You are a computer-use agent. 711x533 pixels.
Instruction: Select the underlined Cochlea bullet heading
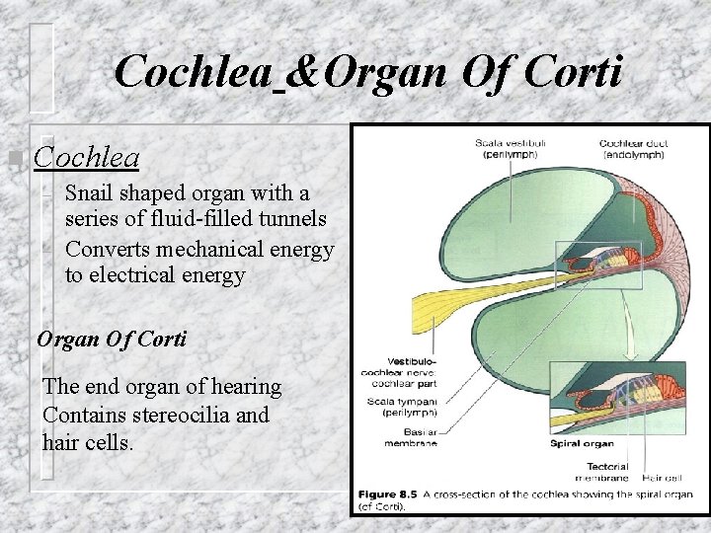(x=86, y=157)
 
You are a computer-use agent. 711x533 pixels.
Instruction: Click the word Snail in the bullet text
(x=92, y=192)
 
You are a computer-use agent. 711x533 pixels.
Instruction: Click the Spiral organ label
(x=580, y=444)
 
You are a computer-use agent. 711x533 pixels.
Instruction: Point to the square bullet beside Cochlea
(x=13, y=158)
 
